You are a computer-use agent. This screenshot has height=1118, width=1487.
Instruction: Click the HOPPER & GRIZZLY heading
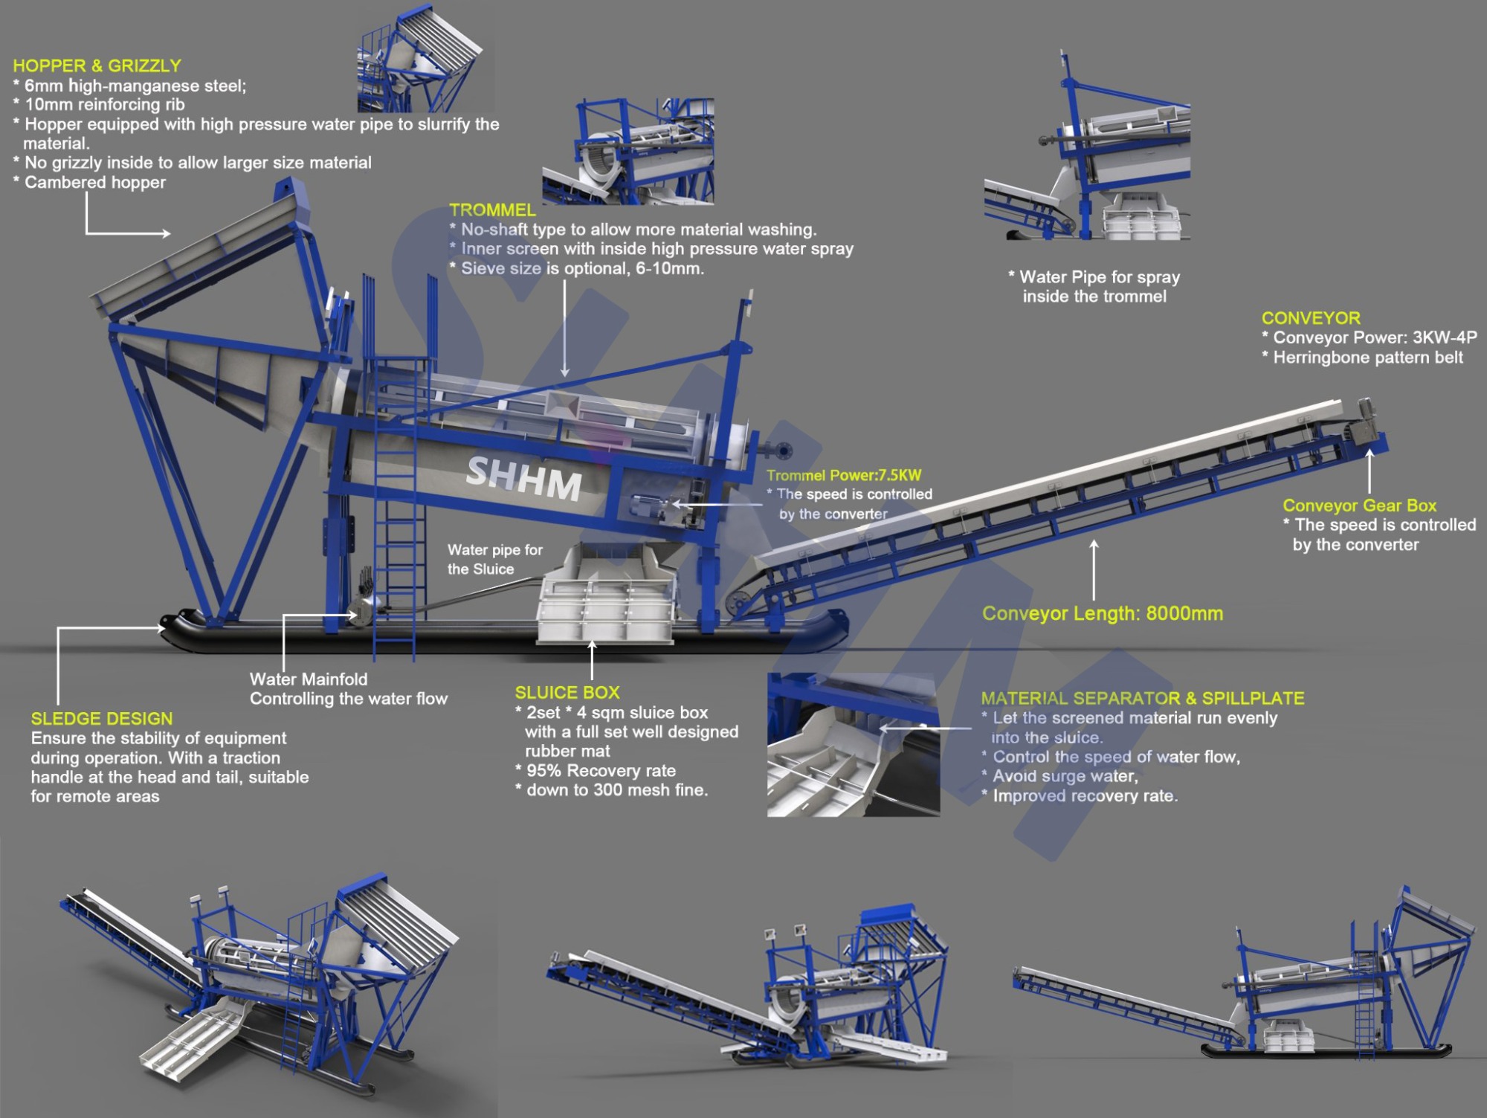97,65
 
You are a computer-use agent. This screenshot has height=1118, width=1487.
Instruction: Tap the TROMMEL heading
492,210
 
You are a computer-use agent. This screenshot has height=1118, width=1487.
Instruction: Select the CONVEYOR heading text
1311,318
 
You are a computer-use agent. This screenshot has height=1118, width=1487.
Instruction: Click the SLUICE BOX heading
567,693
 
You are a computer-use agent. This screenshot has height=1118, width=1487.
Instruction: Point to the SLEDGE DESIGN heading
102,719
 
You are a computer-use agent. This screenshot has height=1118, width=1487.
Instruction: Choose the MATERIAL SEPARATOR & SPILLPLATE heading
1143,699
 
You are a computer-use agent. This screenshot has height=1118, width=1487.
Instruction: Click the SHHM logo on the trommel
524,478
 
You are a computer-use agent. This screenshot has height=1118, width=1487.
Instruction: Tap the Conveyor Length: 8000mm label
1103,614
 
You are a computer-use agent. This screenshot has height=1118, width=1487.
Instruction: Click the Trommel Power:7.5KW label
844,476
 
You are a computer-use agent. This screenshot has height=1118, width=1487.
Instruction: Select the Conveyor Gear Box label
1359,505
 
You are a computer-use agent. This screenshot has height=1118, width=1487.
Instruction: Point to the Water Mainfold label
309,679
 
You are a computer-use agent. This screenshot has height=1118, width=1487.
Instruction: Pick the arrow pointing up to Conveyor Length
1094,570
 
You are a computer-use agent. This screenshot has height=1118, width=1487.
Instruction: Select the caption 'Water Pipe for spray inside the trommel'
1094,287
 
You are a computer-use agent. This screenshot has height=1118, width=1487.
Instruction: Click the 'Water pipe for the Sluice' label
495,560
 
